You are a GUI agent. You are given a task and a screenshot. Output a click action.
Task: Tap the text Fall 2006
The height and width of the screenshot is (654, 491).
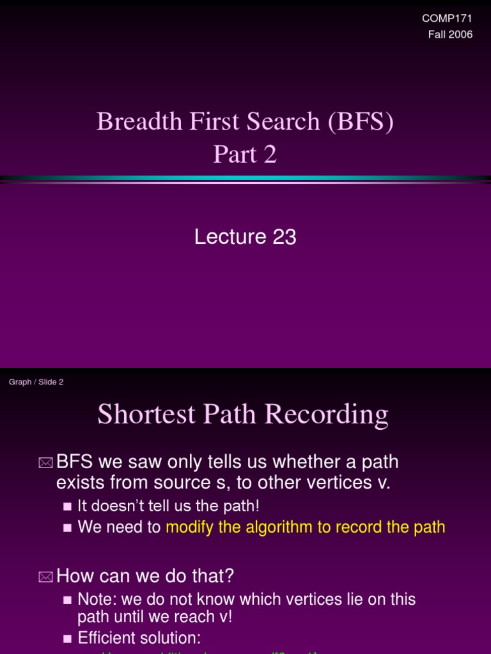[x=450, y=34]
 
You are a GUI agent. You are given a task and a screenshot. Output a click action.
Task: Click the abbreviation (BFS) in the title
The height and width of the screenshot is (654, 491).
[x=361, y=121]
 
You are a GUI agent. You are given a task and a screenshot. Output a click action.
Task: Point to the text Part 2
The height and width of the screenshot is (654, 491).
[x=245, y=154]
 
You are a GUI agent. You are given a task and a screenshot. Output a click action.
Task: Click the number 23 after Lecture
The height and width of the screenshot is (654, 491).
[x=284, y=237]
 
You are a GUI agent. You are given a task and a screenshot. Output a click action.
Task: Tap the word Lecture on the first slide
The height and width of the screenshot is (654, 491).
[x=230, y=237]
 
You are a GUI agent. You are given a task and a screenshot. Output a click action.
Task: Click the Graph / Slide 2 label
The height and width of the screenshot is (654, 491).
[x=36, y=382]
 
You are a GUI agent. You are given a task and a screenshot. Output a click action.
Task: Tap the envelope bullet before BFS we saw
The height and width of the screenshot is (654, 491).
[x=45, y=462]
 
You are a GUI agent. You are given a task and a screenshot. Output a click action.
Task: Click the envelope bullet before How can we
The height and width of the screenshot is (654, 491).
[x=45, y=577]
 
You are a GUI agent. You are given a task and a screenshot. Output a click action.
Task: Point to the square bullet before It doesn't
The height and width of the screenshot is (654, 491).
[x=67, y=506]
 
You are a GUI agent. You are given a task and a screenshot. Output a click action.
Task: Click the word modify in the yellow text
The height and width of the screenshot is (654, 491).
[x=187, y=527]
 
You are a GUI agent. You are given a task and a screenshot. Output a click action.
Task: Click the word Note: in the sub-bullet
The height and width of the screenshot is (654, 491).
[x=96, y=599]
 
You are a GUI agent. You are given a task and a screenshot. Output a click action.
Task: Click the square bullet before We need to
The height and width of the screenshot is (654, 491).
[x=67, y=528]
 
